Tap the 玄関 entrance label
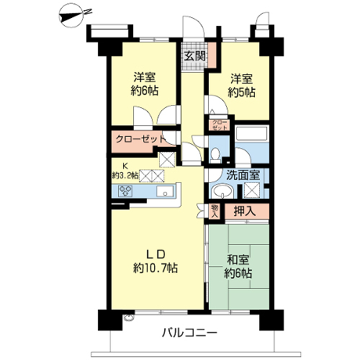pos(194,56)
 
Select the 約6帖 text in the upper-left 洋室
pos(145,91)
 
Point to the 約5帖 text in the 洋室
pos(241,92)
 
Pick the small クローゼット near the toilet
pos(220,125)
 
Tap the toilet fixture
pos(215,155)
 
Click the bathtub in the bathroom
pos(251,134)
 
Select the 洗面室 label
pos(243,176)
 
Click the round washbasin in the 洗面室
pos(222,192)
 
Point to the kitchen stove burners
pos(125,191)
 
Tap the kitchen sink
pos(165,192)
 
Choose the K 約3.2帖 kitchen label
pos(125,171)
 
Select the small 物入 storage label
pos(215,211)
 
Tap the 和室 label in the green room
pos(238,259)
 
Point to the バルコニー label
pos(189,333)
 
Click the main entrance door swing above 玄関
pos(193,27)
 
